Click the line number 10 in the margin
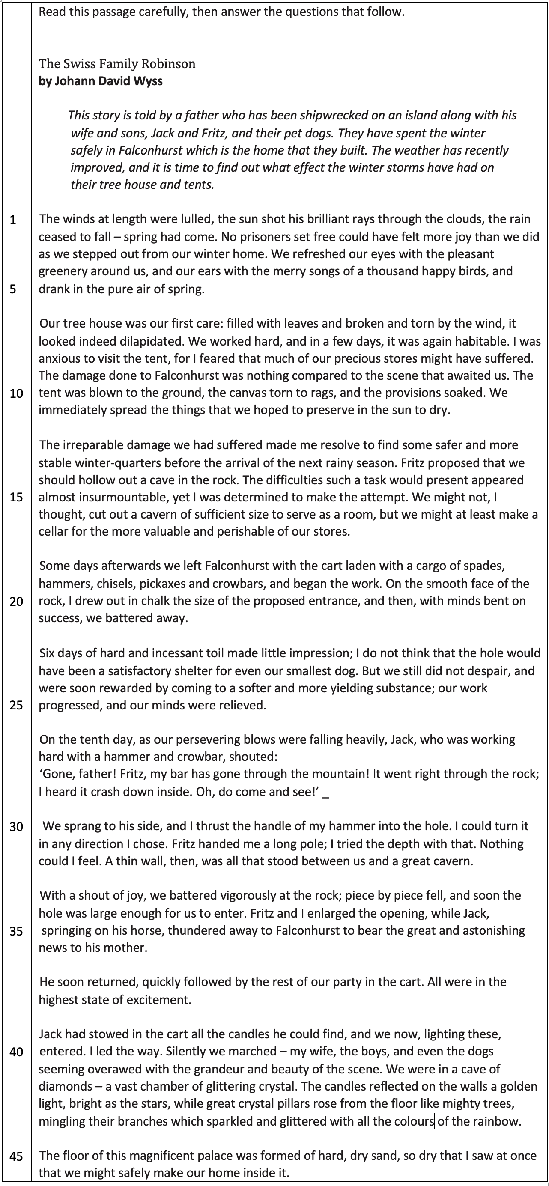click(x=16, y=393)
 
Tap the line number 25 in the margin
click(x=16, y=705)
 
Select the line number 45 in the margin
click(x=16, y=1156)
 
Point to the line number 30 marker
click(x=16, y=827)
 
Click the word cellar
click(x=53, y=532)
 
